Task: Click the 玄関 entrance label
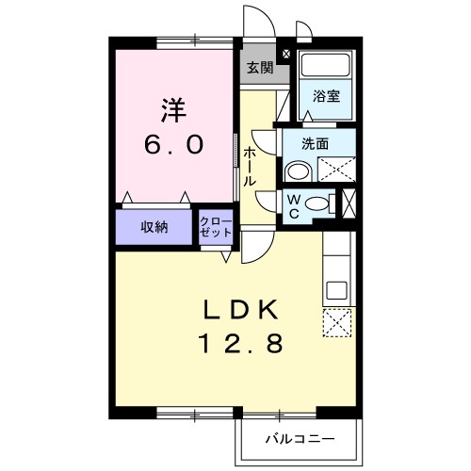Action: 260,68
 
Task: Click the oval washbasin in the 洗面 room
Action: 299,171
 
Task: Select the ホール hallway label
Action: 249,167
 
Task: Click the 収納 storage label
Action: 155,227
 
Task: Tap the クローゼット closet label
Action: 213,227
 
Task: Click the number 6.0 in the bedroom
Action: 171,147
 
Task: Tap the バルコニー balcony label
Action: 298,439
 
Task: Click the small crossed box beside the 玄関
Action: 286,55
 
